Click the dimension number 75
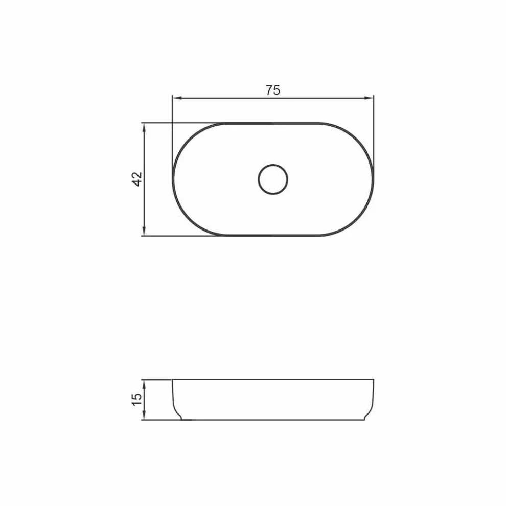[x=273, y=90]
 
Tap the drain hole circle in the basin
[x=273, y=179]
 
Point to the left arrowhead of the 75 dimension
[x=175, y=97]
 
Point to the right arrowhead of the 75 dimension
[x=371, y=97]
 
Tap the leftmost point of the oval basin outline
[x=173, y=179]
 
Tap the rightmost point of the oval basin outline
[x=374, y=179]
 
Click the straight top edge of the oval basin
[x=273, y=123]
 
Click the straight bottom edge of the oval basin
[x=273, y=236]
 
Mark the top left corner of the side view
[x=173, y=379]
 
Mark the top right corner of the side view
[x=374, y=379]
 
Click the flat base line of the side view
[x=273, y=420]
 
